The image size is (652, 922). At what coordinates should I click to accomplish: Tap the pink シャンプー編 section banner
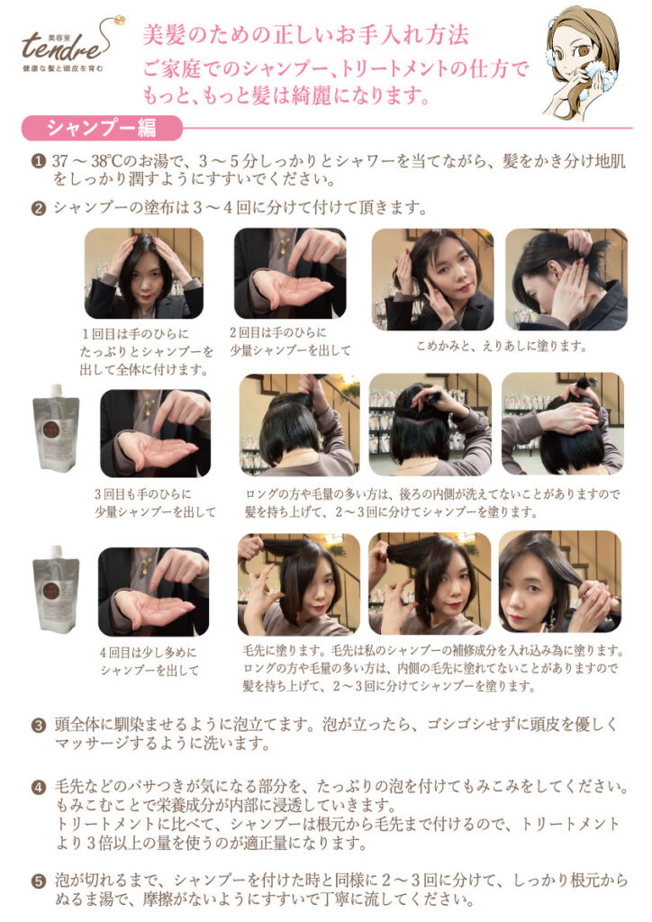click(102, 128)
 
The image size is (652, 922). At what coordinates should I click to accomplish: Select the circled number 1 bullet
click(39, 161)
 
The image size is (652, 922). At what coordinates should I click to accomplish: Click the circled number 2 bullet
click(39, 208)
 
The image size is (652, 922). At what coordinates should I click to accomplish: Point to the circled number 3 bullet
click(39, 725)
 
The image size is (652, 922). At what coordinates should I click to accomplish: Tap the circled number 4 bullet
click(39, 787)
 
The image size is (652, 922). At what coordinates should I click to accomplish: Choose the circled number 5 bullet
click(39, 881)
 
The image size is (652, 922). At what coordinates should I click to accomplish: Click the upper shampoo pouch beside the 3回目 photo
click(56, 428)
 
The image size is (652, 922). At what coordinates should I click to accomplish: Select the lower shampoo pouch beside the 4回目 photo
click(56, 589)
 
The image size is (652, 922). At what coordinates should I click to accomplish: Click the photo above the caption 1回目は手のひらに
click(144, 274)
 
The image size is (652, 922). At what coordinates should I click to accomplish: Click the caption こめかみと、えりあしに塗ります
click(503, 346)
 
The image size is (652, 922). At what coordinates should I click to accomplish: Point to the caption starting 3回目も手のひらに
click(155, 503)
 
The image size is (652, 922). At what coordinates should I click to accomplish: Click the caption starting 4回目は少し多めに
click(149, 662)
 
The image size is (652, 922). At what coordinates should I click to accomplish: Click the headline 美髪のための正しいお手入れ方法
click(305, 35)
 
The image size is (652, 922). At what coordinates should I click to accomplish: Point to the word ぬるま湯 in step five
click(92, 899)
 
